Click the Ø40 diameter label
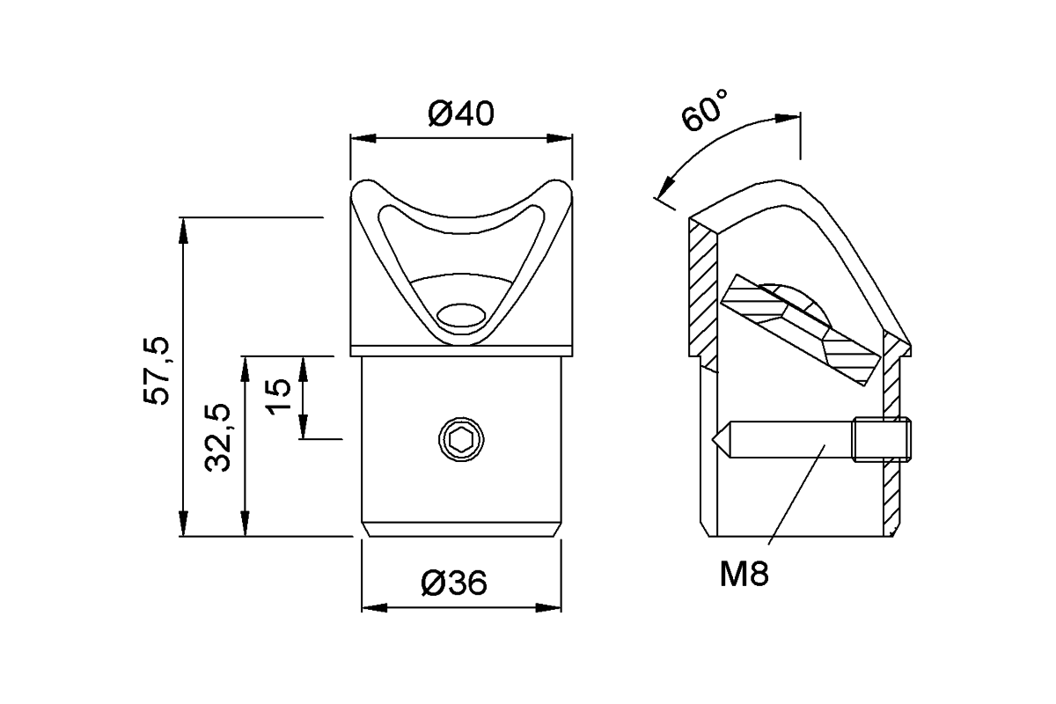click(x=461, y=114)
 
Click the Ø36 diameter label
click(x=453, y=583)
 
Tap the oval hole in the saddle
click(x=462, y=315)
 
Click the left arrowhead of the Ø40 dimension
click(x=362, y=138)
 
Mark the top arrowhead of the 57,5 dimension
click(x=183, y=228)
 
